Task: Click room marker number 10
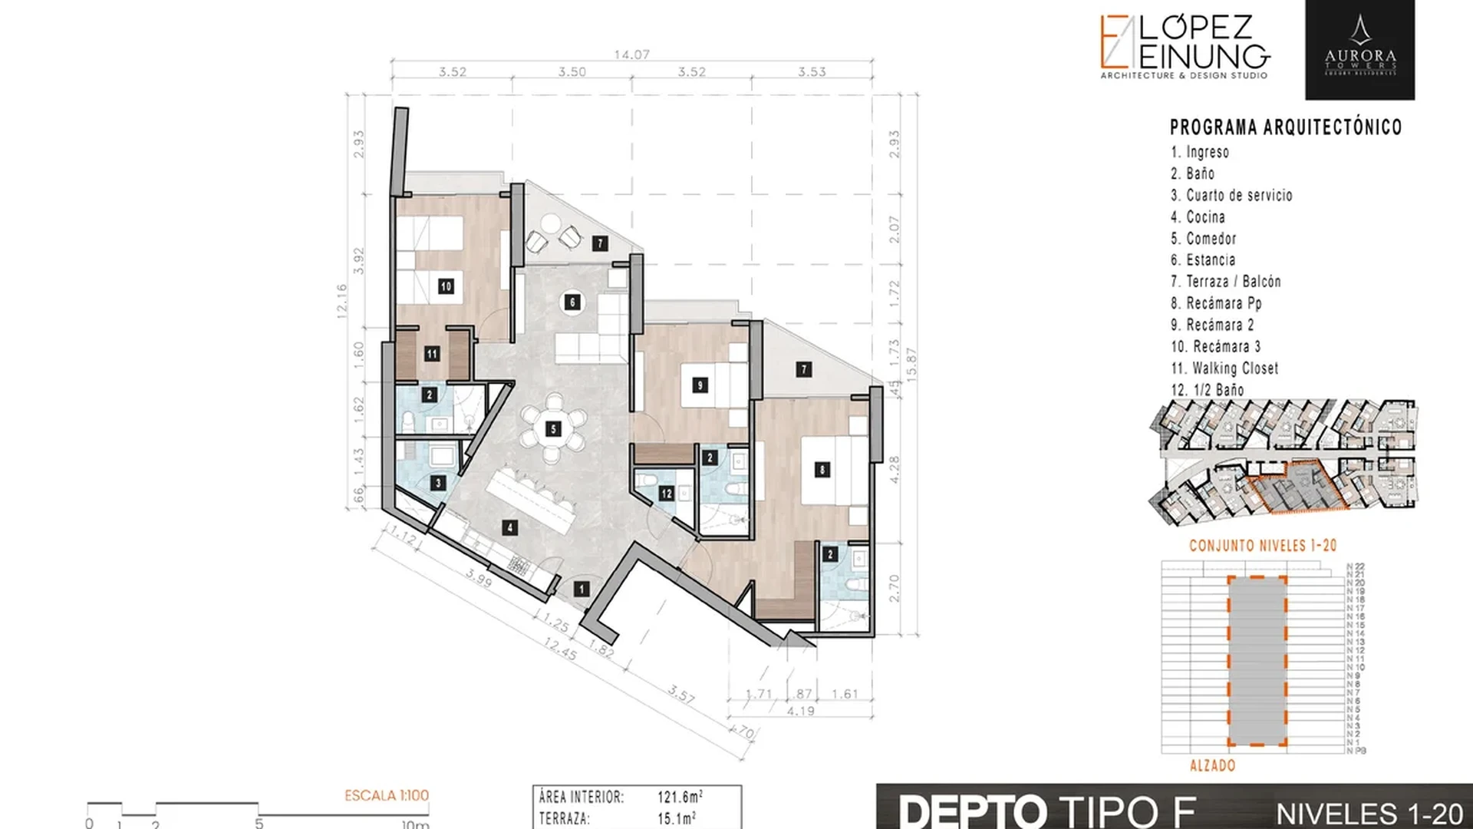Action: click(x=446, y=286)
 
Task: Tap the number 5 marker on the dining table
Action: click(x=553, y=429)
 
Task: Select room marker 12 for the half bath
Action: click(x=666, y=494)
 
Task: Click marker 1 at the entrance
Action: click(x=582, y=589)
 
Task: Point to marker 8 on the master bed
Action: click(x=822, y=470)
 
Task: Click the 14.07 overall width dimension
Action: click(x=631, y=54)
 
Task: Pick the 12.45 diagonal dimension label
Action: click(x=559, y=649)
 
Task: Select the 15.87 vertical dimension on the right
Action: click(x=911, y=362)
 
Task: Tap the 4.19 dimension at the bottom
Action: click(x=800, y=711)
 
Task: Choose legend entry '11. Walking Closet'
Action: click(x=1224, y=368)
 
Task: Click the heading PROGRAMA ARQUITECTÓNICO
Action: click(x=1285, y=127)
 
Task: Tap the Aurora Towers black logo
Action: click(x=1359, y=50)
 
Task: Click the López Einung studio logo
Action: click(x=1185, y=46)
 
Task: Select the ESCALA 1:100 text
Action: click(x=386, y=796)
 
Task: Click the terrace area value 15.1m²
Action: click(x=676, y=818)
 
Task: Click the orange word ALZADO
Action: click(x=1212, y=765)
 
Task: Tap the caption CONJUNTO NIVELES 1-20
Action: click(x=1262, y=546)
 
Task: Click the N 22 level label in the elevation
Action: click(x=1356, y=566)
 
